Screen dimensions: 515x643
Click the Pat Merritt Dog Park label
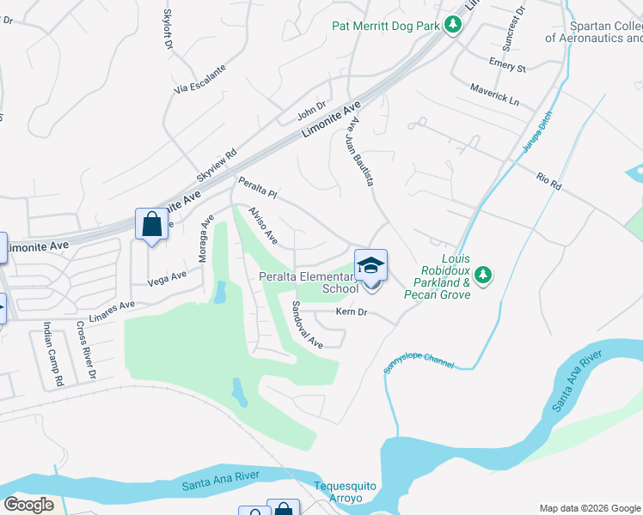click(386, 26)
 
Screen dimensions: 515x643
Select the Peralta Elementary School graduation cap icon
click(370, 265)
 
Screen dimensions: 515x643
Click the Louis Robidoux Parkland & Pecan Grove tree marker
click(484, 275)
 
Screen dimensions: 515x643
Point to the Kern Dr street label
click(352, 312)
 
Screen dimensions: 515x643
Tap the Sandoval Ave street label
click(307, 324)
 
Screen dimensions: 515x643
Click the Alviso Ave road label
click(262, 224)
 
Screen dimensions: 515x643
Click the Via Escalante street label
click(199, 78)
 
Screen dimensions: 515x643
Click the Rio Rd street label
click(548, 182)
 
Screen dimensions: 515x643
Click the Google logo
click(28, 505)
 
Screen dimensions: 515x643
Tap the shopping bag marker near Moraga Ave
click(151, 226)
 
